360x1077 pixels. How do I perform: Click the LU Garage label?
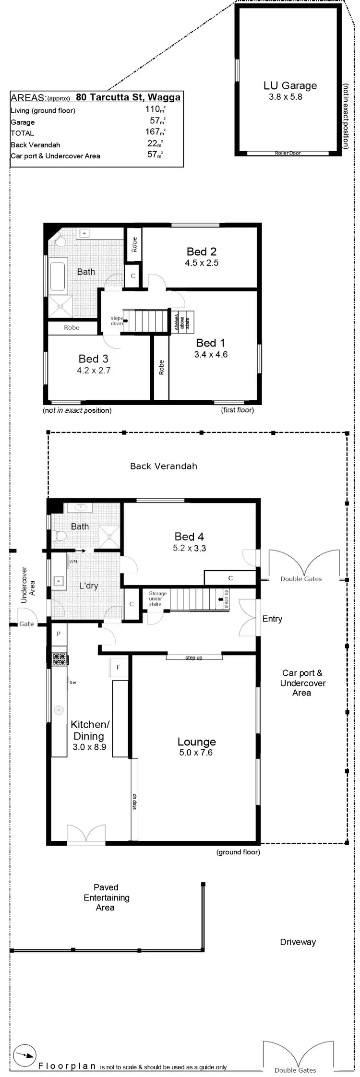point(290,86)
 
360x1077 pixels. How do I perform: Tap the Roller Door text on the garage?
point(288,153)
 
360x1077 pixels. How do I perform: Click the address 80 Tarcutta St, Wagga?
point(128,97)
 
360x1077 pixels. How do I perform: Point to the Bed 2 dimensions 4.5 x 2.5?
point(202,263)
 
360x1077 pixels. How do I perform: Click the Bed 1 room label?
point(210,343)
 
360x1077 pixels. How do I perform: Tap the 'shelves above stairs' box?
point(182,322)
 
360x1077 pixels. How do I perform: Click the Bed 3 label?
point(94,359)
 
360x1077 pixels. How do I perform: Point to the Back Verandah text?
point(164,466)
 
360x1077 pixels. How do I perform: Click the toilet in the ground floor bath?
point(60,536)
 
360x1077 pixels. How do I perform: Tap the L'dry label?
point(89,586)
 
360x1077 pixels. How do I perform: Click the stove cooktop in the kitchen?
point(59,659)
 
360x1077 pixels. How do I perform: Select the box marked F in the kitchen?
point(118,667)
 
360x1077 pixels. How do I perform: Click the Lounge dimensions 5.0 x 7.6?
point(196,753)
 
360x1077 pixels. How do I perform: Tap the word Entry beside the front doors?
point(272,619)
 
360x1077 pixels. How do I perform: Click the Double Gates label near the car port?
point(301,579)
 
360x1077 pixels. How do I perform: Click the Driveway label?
point(298,942)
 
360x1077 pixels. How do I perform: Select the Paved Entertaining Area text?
point(106,897)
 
